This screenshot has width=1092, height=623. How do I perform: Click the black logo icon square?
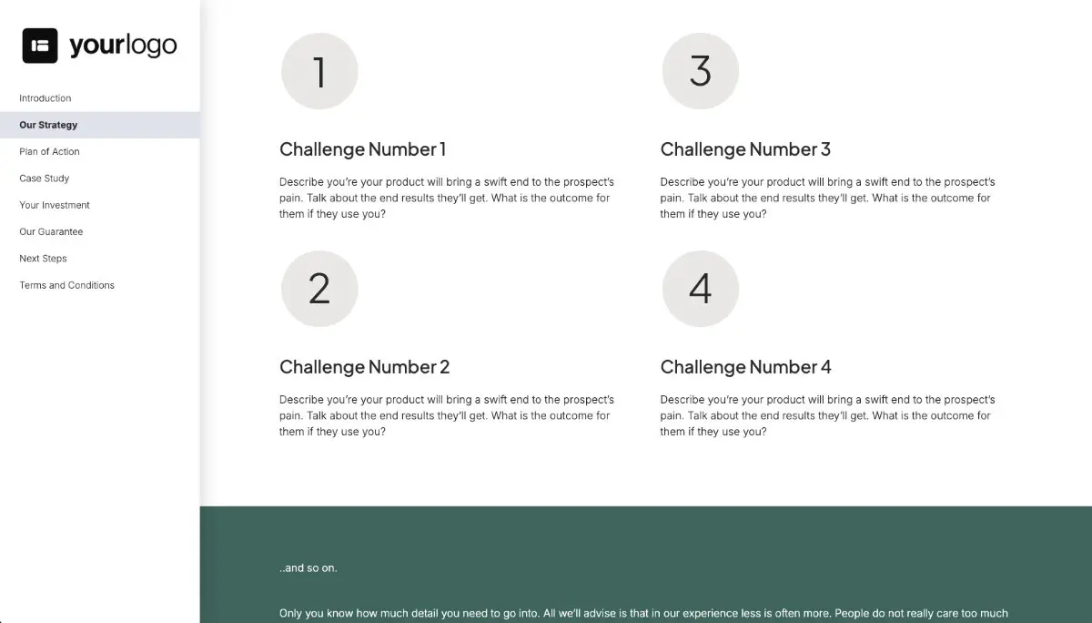click(x=40, y=46)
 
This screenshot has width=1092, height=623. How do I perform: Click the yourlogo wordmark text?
click(x=123, y=46)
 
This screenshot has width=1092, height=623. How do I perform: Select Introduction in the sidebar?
click(x=45, y=98)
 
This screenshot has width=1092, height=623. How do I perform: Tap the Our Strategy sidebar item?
click(x=48, y=125)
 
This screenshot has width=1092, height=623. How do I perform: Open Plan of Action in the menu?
click(x=49, y=151)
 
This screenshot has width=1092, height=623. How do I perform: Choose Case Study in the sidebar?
click(x=45, y=179)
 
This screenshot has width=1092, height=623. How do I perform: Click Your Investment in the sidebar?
click(x=55, y=205)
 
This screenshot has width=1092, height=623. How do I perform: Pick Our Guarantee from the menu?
click(x=51, y=231)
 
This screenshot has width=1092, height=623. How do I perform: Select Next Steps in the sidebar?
click(x=43, y=259)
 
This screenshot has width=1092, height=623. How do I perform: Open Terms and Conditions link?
click(x=66, y=285)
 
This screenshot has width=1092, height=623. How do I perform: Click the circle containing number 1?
click(x=319, y=71)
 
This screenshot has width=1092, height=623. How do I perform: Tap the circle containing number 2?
click(x=319, y=289)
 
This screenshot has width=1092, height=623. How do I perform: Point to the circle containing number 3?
click(x=700, y=71)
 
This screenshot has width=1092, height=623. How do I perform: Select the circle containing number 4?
click(x=700, y=289)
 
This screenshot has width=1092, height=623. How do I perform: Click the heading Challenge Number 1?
click(x=362, y=149)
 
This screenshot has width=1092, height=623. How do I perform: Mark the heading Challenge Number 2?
click(x=364, y=367)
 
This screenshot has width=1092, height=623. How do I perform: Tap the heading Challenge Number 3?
click(x=745, y=149)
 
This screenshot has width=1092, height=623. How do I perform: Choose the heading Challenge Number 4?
click(x=745, y=367)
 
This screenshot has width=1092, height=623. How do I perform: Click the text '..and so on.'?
click(x=308, y=568)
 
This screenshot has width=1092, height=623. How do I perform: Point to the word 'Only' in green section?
click(x=291, y=614)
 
